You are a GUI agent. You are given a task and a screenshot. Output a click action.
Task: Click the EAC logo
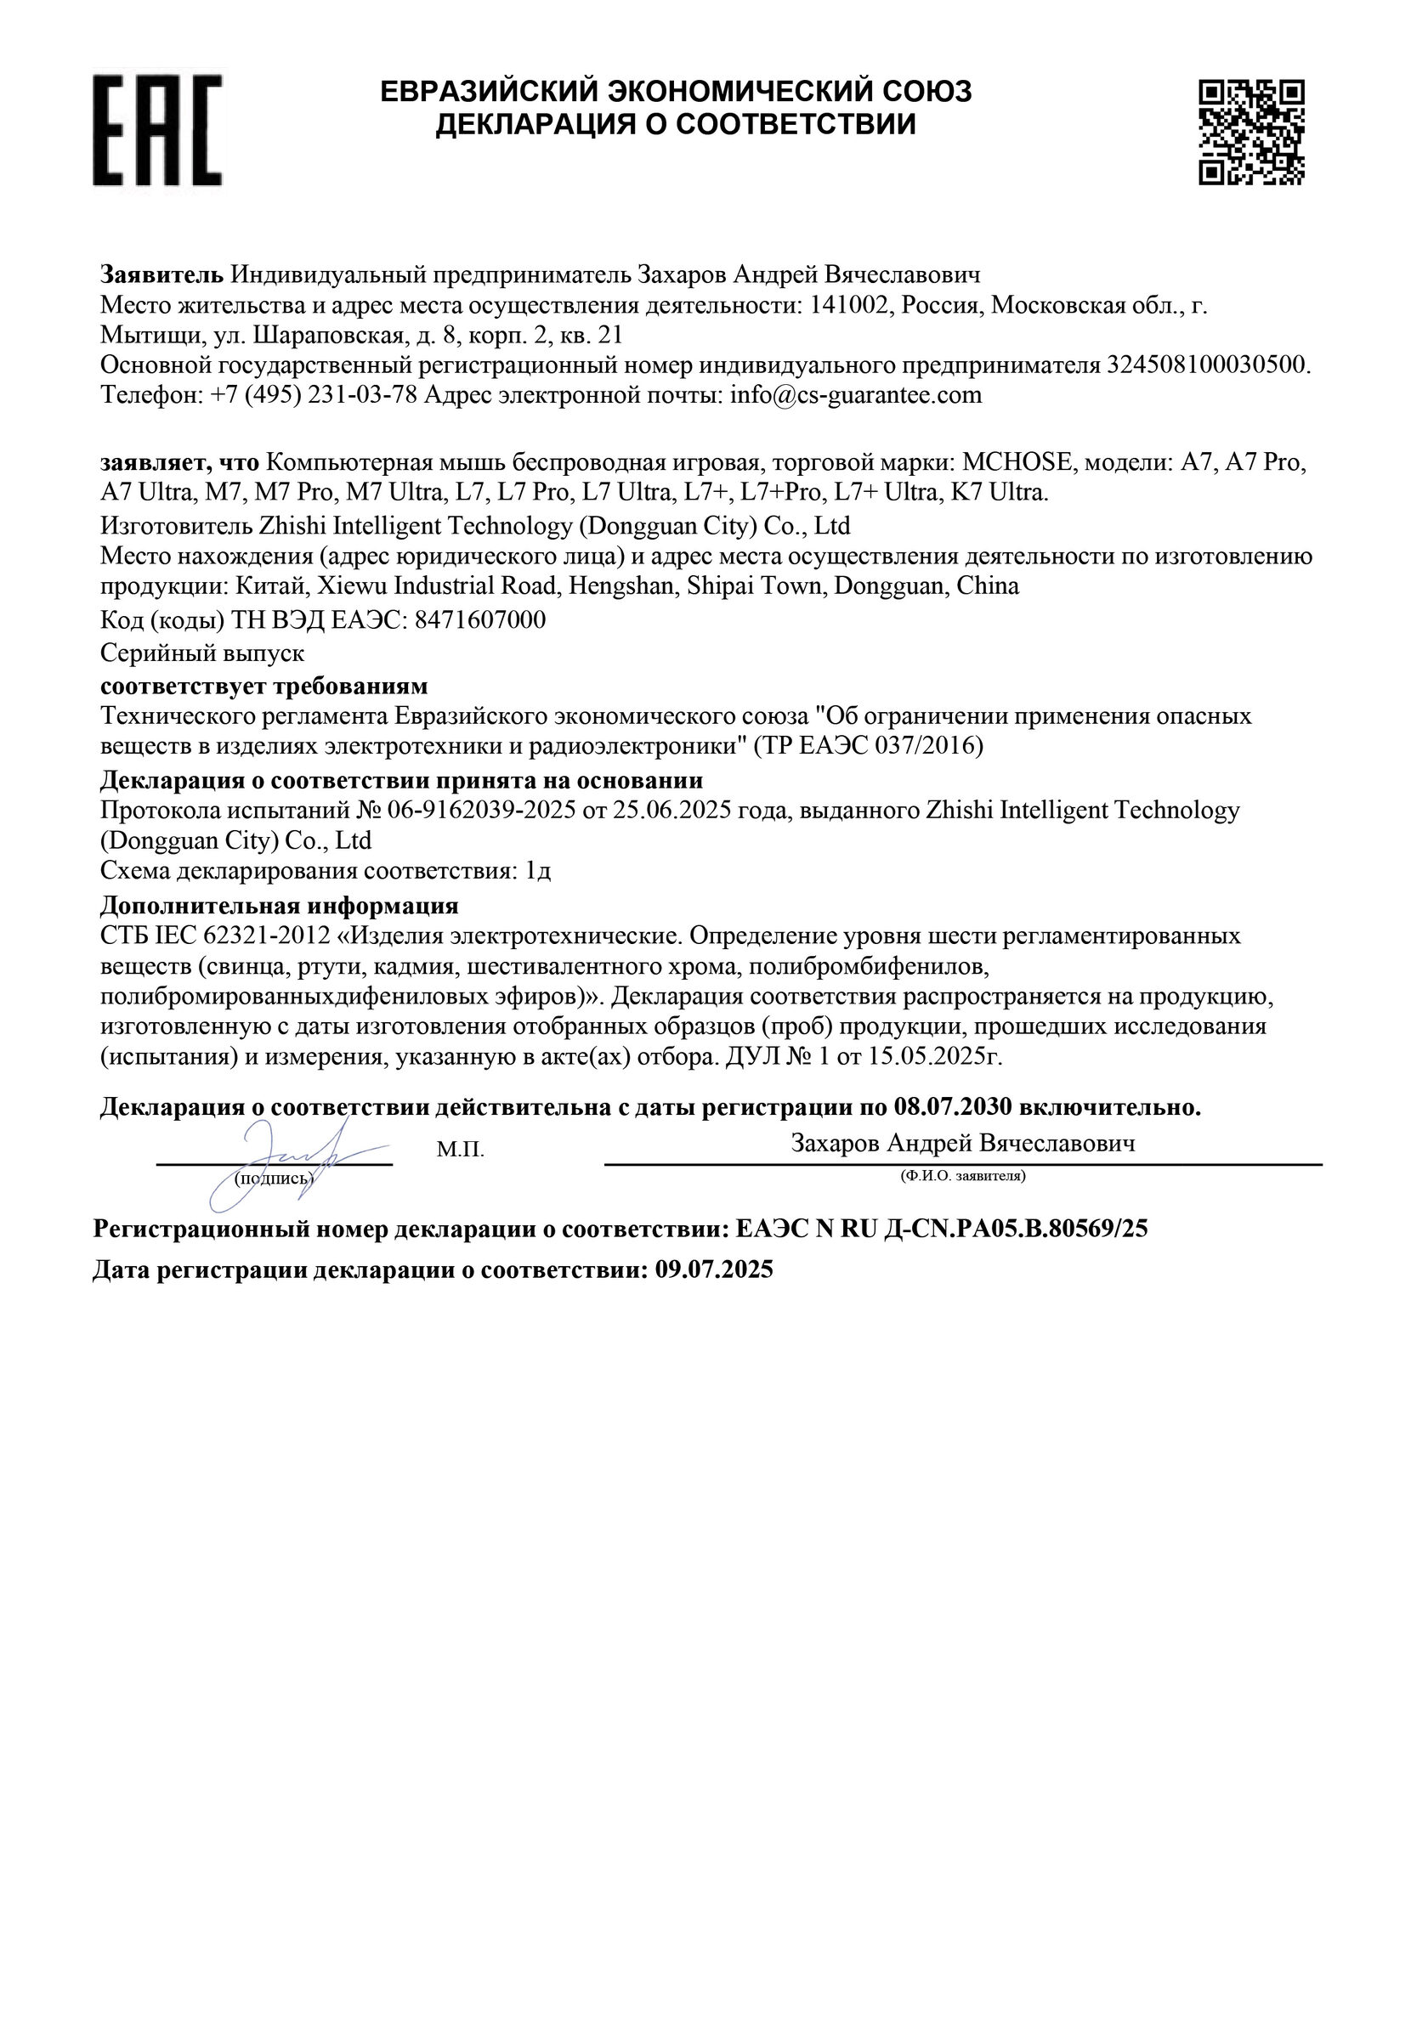point(157,130)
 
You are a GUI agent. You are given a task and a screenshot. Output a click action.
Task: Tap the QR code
point(1251,132)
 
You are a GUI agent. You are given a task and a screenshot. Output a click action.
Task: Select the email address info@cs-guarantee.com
point(856,394)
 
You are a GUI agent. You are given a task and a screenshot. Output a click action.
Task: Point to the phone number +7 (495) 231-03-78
point(314,394)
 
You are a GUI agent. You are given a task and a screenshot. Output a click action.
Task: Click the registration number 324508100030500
point(1206,365)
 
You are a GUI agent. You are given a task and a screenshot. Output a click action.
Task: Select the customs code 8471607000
point(479,620)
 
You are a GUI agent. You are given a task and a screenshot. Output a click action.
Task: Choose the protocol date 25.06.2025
point(672,810)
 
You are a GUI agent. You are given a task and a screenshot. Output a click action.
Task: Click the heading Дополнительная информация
point(280,905)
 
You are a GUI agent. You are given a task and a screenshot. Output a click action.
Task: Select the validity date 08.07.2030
point(954,1107)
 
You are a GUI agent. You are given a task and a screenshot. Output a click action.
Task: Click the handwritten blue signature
point(281,1160)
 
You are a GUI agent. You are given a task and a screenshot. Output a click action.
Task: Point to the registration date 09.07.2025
point(714,1269)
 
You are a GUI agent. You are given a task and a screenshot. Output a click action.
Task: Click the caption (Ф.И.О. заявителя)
point(963,1175)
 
